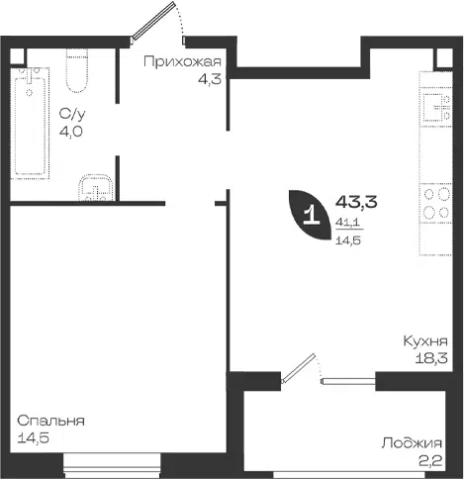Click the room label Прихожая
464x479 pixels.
182,62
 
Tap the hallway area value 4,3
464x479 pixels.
210,79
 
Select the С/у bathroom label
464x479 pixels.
72,114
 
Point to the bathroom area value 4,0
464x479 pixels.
71,132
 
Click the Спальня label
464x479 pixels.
50,421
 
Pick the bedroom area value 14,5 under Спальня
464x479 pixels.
34,438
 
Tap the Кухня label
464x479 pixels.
425,340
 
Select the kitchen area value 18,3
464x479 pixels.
431,358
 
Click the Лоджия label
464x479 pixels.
412,443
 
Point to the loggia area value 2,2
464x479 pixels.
430,460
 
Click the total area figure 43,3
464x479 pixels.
356,202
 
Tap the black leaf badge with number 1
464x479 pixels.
310,215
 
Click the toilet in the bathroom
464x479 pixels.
77,70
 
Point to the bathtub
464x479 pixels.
30,124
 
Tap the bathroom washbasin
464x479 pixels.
96,187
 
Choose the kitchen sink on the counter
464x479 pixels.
436,107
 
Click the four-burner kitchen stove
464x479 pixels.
435,203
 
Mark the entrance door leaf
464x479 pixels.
153,21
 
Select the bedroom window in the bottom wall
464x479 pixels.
112,466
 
